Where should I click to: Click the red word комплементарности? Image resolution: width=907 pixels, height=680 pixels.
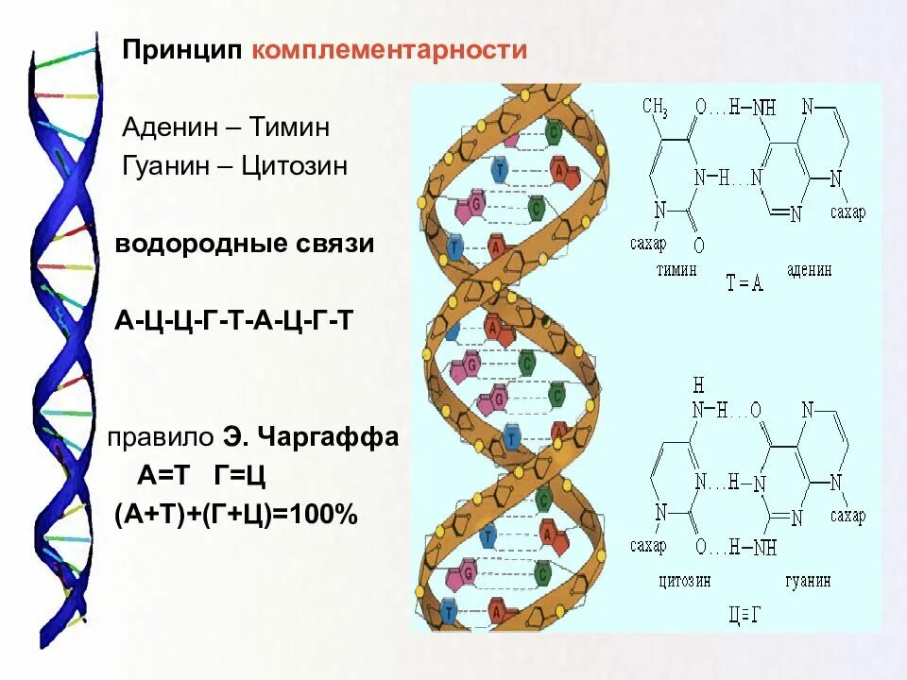(388, 49)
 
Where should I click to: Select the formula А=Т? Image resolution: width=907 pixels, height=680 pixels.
(164, 476)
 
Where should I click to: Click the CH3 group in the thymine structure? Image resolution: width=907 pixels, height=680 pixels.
(655, 109)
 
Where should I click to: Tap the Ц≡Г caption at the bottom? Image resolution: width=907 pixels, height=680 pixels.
(744, 616)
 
